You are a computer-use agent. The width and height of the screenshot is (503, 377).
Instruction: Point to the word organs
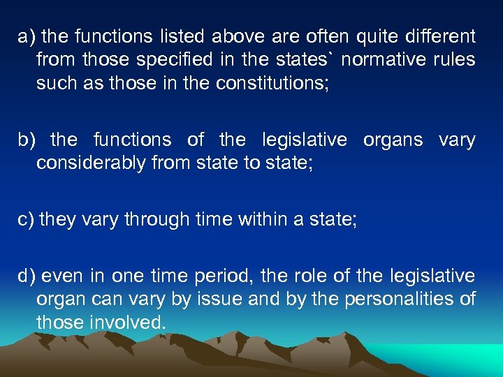393,140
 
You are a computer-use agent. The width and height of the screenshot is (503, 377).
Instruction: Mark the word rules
453,60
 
